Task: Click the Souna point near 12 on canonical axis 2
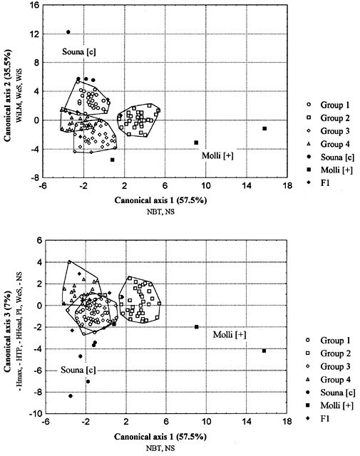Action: tap(68, 32)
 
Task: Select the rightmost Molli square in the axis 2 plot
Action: tap(264, 128)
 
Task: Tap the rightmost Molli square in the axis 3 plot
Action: tap(264, 351)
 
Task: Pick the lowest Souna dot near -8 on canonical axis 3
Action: tap(71, 396)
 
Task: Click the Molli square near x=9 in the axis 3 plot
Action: tap(196, 327)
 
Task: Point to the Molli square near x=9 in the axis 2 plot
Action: tap(196, 142)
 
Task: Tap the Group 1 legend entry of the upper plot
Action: tap(329, 105)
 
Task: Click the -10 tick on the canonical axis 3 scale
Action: tap(34, 414)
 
